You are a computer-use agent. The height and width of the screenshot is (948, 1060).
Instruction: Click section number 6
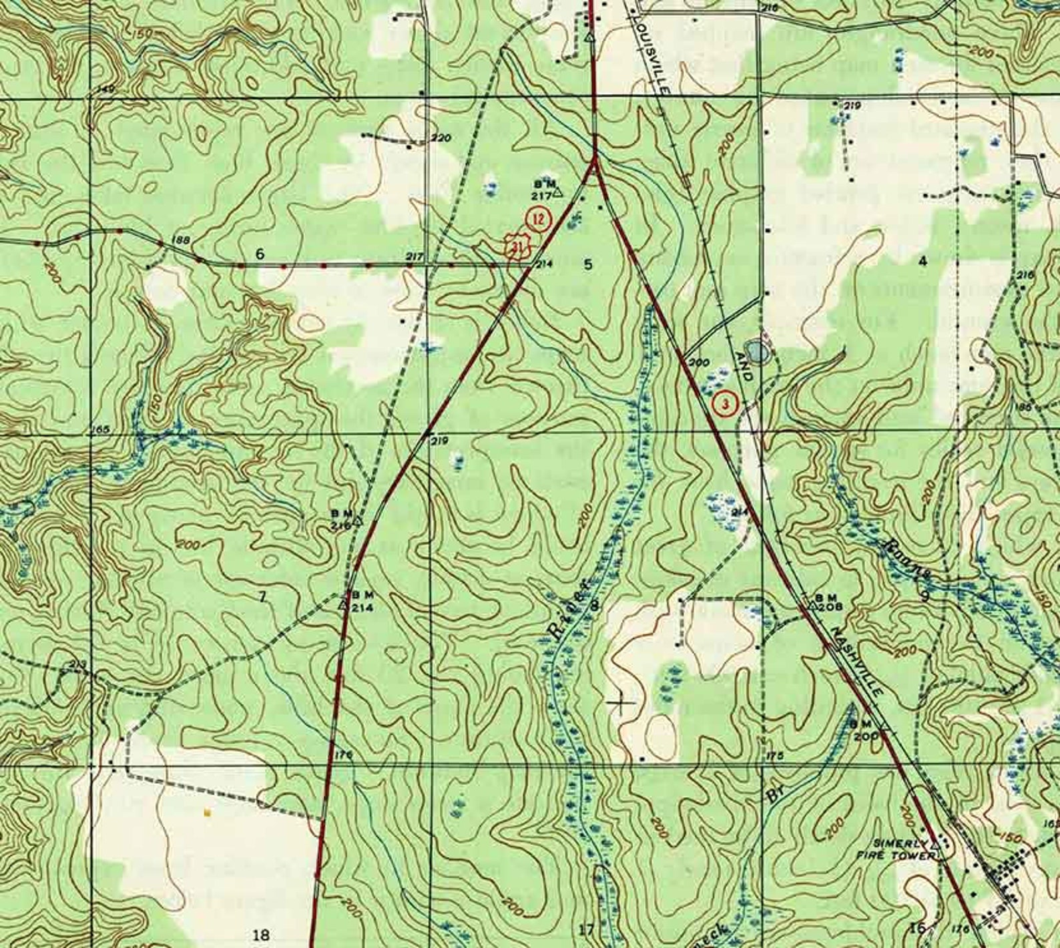tap(260, 254)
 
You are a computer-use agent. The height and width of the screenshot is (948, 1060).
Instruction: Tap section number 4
tap(922, 261)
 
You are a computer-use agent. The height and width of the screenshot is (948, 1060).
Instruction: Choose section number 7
tap(262, 597)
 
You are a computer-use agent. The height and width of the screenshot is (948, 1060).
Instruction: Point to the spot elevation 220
tap(441, 138)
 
